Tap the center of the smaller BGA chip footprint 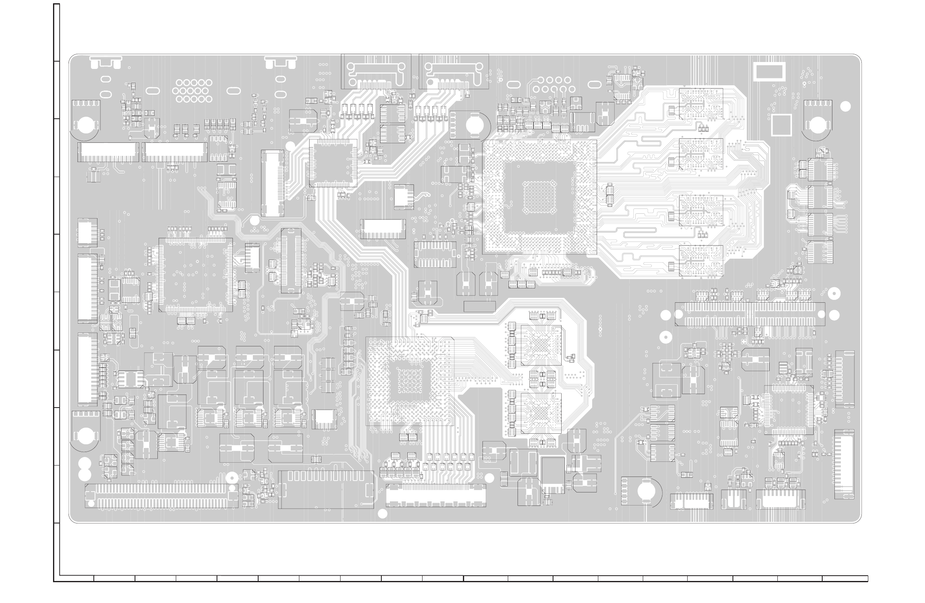[x=409, y=381]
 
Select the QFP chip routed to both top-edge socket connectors [x=333, y=163]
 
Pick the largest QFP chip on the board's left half [x=196, y=275]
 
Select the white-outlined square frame [x=781, y=125]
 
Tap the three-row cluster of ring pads [x=195, y=91]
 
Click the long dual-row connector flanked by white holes [x=750, y=314]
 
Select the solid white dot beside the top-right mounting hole [x=846, y=106]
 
